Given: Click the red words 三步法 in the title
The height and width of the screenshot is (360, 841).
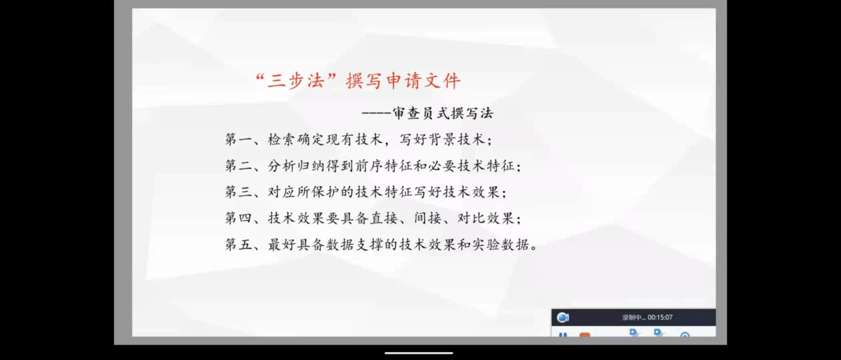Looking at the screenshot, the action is point(296,81).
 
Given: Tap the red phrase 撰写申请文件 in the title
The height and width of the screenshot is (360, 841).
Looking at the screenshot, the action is point(403,81).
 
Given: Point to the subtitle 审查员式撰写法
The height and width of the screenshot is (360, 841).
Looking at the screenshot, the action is point(443,113).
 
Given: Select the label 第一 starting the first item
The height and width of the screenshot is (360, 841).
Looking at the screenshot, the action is point(238,139).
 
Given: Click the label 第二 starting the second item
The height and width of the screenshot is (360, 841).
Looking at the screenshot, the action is point(238,166).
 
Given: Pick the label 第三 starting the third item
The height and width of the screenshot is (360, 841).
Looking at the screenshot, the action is point(238,192).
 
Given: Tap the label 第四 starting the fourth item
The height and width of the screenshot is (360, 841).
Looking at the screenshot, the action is point(238,218).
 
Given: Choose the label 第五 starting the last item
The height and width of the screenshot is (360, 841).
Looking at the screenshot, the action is point(238,245).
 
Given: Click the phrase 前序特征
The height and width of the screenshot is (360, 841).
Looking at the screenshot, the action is point(383,166).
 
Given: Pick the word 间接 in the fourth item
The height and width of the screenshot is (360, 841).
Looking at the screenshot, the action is point(428,218).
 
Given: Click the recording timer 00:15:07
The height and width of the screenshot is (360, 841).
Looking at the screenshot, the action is point(660,317).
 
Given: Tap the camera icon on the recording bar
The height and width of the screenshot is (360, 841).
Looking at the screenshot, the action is point(563,317).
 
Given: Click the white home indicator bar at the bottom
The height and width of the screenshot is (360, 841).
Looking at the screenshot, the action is point(419,353).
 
